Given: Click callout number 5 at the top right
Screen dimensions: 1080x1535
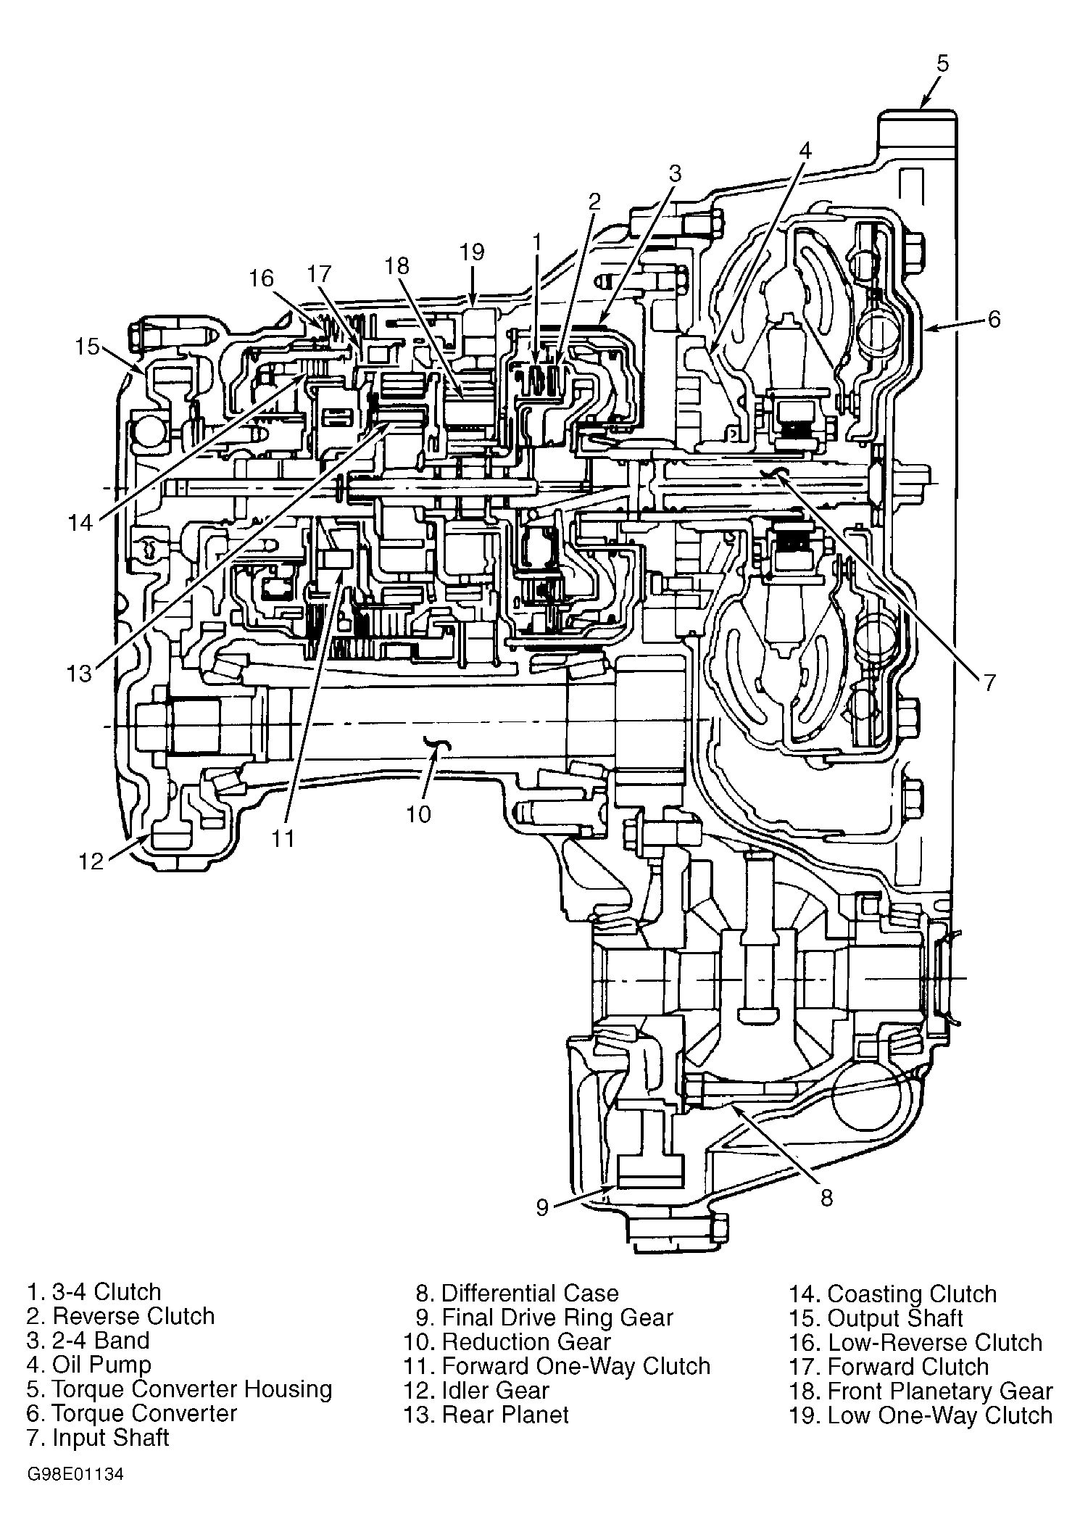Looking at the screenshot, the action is [x=942, y=63].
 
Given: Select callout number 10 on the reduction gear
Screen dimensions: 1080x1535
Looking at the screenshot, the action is [x=419, y=814].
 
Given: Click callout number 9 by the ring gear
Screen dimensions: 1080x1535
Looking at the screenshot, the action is [x=542, y=1207].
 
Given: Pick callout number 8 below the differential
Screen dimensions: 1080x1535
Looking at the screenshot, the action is [x=826, y=1197].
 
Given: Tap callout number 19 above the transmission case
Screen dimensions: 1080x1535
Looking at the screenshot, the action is [x=471, y=252].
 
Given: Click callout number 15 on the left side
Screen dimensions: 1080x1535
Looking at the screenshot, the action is [x=86, y=347].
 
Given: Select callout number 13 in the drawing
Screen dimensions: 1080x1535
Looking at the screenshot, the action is [x=79, y=674].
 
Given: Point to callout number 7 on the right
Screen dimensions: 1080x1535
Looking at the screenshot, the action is [x=989, y=682].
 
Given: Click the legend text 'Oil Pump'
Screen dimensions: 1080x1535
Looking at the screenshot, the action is [x=101, y=1364].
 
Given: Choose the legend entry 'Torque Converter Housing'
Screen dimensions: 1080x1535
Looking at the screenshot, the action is [x=192, y=1389].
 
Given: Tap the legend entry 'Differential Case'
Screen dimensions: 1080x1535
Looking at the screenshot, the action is [x=530, y=1293].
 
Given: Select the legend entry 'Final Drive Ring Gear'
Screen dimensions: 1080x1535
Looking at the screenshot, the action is [x=557, y=1317].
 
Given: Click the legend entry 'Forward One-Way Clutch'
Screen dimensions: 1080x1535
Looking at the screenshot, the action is [x=576, y=1366].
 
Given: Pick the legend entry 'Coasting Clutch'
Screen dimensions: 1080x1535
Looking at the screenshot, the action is [x=912, y=1294].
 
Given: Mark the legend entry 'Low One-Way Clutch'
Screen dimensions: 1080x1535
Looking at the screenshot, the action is [x=939, y=1415].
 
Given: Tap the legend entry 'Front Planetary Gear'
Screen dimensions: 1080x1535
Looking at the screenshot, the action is [x=939, y=1391].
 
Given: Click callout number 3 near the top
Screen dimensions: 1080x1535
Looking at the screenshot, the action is [x=675, y=173].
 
